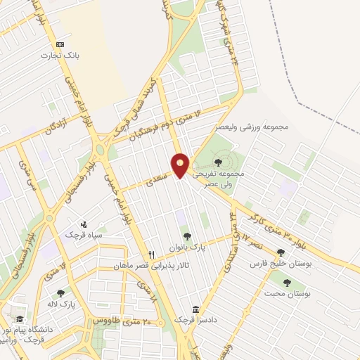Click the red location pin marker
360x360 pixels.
pyautogui.click(x=181, y=165)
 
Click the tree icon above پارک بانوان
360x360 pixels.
pyautogui.click(x=186, y=236)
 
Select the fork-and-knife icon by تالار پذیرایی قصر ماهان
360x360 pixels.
pyautogui.click(x=150, y=255)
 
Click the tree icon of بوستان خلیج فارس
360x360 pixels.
pyautogui.click(x=281, y=252)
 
